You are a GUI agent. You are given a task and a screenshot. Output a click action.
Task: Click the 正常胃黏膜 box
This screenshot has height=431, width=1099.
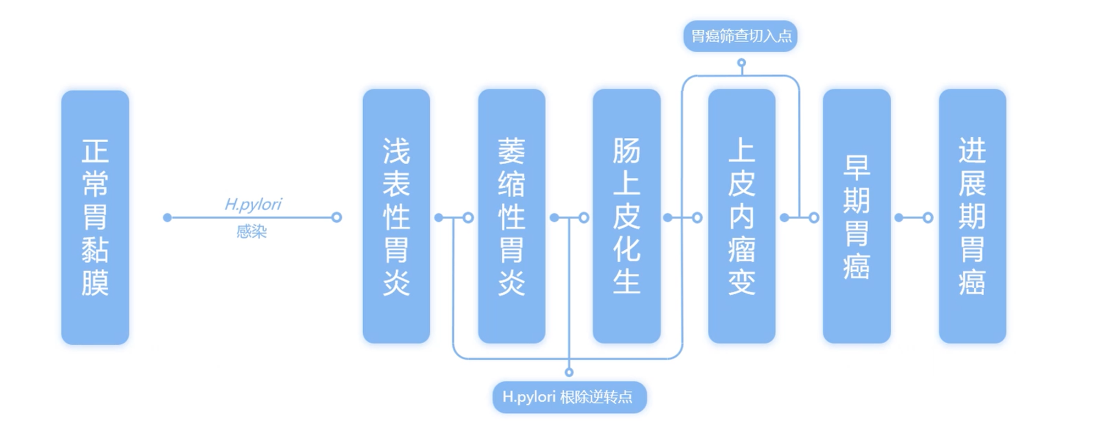(x=95, y=217)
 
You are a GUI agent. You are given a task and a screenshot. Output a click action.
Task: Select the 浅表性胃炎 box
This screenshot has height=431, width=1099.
(x=396, y=216)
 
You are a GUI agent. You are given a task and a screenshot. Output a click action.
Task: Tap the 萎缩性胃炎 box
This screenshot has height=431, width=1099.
(x=512, y=216)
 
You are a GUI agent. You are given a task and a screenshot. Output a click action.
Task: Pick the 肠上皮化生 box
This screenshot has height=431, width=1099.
(x=626, y=216)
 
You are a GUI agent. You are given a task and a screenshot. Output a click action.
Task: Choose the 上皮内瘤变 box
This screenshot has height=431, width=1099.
(x=741, y=216)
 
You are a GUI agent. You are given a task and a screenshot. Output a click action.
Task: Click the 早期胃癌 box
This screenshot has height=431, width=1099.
(x=856, y=216)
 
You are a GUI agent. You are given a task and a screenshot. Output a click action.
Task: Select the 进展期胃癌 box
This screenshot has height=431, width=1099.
(x=972, y=216)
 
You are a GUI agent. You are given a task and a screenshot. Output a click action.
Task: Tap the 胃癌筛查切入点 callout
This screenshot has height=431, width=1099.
(x=740, y=36)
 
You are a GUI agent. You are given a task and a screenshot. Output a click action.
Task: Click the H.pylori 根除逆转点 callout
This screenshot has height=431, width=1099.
(x=569, y=396)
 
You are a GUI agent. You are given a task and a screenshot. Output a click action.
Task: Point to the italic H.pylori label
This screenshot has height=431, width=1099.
(x=253, y=204)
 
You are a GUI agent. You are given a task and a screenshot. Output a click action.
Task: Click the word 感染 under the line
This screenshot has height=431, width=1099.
(x=252, y=231)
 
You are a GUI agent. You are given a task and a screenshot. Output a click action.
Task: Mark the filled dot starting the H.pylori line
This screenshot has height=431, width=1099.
(x=168, y=218)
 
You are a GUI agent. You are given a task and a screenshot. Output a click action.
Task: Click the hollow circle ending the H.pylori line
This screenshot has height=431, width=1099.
(x=337, y=218)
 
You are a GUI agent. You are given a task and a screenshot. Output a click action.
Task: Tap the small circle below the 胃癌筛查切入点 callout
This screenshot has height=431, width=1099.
(x=741, y=63)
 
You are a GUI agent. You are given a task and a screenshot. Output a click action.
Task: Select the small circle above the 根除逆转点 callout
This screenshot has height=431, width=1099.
(x=569, y=372)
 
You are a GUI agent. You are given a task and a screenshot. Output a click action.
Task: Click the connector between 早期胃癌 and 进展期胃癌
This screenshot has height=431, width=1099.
(x=913, y=218)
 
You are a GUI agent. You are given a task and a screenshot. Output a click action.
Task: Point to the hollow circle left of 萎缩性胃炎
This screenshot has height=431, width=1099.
(x=468, y=218)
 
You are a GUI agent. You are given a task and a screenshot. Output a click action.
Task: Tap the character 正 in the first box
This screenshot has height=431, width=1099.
(x=95, y=150)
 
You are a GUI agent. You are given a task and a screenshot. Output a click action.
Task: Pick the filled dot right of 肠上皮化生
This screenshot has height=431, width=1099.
(x=668, y=218)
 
